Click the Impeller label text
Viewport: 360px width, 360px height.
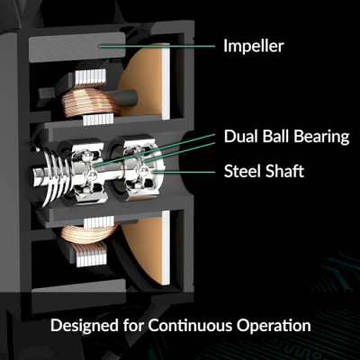tap(254, 46)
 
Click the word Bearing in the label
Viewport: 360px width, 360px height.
tap(321, 137)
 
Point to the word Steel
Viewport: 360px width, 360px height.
tap(242, 171)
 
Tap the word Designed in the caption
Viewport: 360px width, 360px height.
tap(85, 326)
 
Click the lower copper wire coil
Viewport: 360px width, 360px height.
tap(90, 232)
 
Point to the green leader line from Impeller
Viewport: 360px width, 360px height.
tap(157, 46)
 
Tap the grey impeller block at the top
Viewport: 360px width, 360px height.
tap(76, 47)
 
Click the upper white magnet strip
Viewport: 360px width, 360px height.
tap(166, 81)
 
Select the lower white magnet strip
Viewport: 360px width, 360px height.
tap(166, 247)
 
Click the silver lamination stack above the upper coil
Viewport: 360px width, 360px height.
tap(91, 77)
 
